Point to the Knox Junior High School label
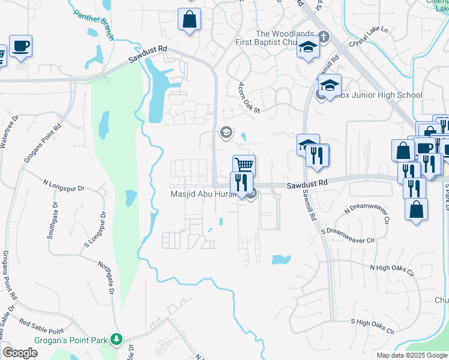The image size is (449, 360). pyautogui.click(x=379, y=95)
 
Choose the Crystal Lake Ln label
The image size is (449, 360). pyautogui.click(x=370, y=35)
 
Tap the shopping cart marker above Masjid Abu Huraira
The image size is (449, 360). pyautogui.click(x=244, y=165)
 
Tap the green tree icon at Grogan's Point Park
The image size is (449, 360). pyautogui.click(x=117, y=340)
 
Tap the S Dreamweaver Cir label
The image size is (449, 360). pyautogui.click(x=348, y=235)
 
